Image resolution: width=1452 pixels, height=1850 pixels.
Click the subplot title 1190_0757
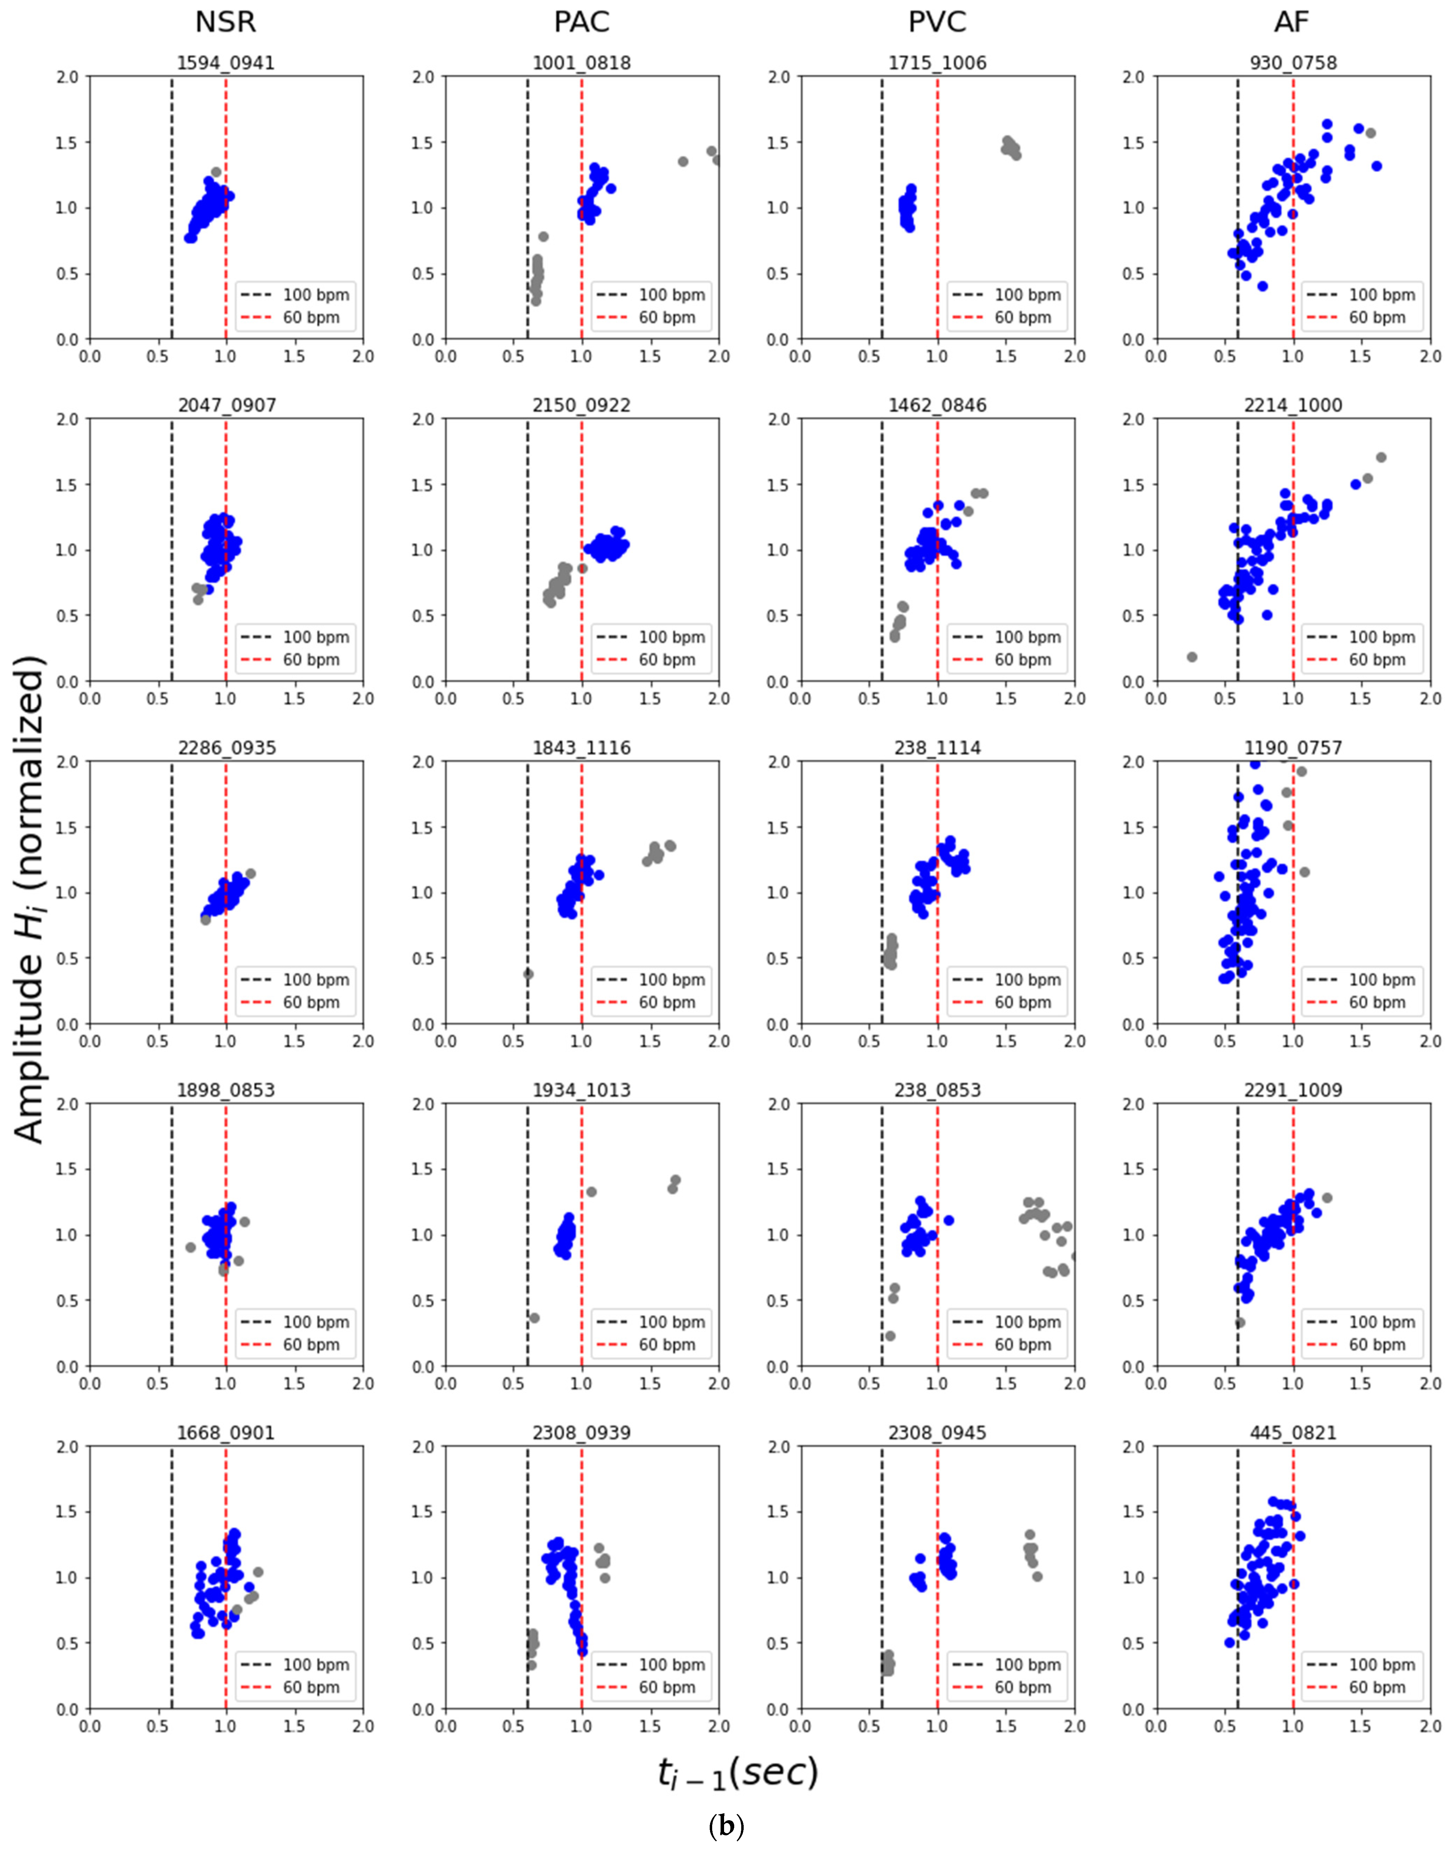1292,748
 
